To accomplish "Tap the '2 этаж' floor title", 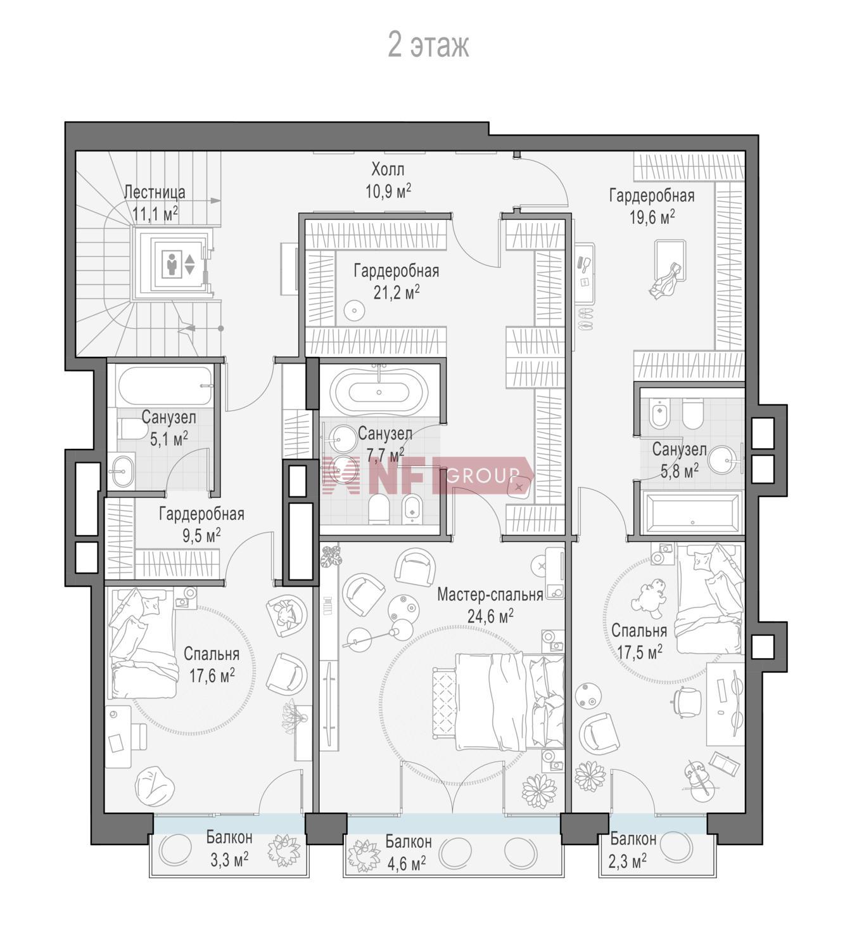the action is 429,45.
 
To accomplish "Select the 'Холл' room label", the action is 388,169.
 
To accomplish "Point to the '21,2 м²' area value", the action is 397,292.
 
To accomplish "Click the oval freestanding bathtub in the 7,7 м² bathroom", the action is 379,392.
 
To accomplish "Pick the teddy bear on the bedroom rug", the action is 649,598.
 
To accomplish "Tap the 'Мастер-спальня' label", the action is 490,595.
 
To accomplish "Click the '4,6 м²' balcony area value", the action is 407,862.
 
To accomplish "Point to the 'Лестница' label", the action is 155,192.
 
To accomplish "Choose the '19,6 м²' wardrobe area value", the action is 652,217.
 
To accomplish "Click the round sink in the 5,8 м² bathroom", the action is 726,460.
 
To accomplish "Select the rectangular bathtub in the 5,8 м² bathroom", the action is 692,513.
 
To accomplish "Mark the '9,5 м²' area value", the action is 201,536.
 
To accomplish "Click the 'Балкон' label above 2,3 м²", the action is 633,839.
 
